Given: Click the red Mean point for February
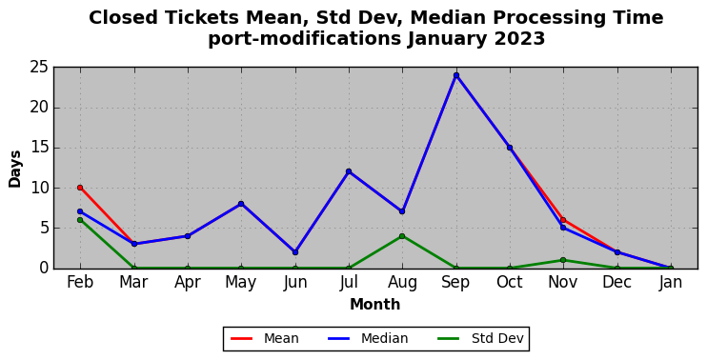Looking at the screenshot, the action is (x=80, y=188).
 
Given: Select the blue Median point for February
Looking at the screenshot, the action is (x=80, y=211).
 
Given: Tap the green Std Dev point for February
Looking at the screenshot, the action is (x=80, y=220).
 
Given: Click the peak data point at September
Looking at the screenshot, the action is (x=456, y=75).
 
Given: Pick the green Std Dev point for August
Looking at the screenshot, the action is (x=402, y=236).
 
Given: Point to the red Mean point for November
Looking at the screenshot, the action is (x=563, y=220).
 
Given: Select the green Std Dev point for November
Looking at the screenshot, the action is (x=563, y=260).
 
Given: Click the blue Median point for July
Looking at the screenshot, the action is (x=349, y=171).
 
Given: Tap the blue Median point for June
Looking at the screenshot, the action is (x=295, y=252).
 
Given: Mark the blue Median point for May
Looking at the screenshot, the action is (x=241, y=204).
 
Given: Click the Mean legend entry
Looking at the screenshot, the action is (x=265, y=338).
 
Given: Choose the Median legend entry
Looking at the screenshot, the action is (x=368, y=338).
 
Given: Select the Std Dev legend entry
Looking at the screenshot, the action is (x=480, y=338).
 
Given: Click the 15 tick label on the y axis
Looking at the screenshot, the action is (x=39, y=148).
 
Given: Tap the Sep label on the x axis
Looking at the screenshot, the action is (x=455, y=283).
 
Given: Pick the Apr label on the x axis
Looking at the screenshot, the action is (x=188, y=283).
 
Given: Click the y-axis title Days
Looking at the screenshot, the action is (x=15, y=169).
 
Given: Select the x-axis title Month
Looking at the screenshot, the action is (x=375, y=305).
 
